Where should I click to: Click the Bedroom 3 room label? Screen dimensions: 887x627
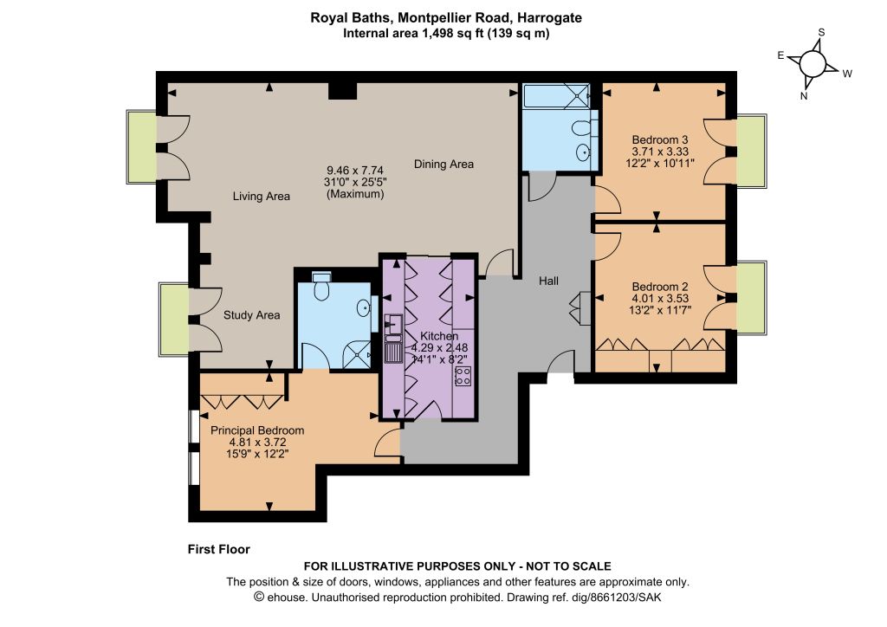[659, 139]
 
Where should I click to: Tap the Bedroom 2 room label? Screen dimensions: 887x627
[659, 287]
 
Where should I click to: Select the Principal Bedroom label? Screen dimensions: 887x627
[257, 430]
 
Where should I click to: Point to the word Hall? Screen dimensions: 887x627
[548, 281]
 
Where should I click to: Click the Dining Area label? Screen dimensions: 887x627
[443, 164]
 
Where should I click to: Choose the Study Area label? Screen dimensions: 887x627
[252, 315]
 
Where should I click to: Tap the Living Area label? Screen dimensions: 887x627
[262, 197]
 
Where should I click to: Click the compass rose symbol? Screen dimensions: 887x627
[813, 64]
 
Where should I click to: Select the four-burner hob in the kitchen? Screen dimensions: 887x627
[463, 376]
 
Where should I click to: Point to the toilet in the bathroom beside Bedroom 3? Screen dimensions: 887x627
[583, 128]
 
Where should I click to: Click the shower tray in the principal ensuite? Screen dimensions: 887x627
[357, 354]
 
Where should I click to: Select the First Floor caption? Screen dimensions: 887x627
[219, 549]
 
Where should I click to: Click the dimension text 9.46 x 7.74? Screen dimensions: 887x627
[355, 171]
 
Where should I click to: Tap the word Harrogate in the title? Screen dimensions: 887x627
[546, 17]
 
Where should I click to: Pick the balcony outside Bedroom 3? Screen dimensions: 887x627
[751, 151]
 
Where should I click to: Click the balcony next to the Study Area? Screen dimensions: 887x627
[174, 320]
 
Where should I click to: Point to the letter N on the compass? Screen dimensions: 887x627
[803, 96]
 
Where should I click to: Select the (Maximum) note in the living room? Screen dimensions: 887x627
[355, 194]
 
